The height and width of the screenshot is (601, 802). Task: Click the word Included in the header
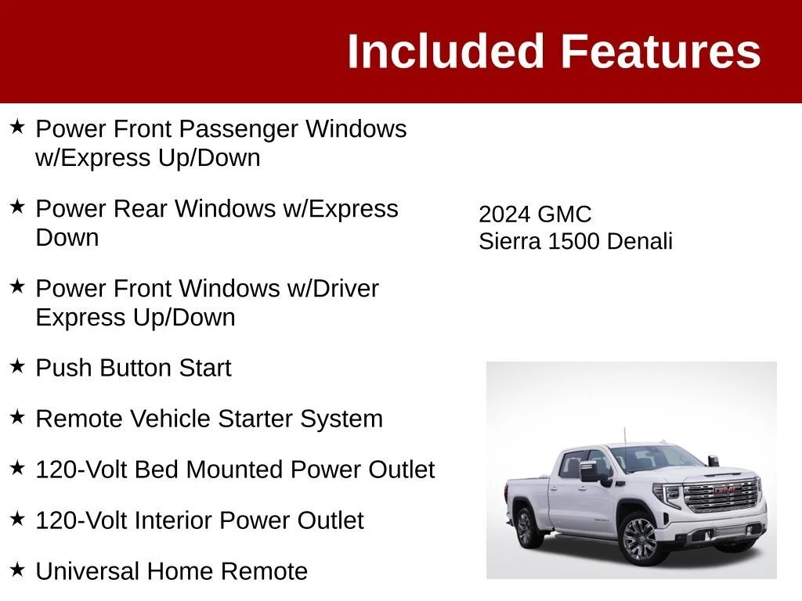(445, 51)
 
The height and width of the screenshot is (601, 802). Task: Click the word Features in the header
(661, 51)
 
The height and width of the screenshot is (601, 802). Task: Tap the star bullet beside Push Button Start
(17, 366)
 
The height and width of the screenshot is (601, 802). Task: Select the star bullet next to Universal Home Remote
(17, 570)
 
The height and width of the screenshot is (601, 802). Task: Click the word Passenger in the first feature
(238, 129)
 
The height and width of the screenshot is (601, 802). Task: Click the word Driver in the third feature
(345, 288)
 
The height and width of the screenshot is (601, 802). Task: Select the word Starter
(255, 419)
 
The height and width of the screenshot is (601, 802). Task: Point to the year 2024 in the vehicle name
(504, 214)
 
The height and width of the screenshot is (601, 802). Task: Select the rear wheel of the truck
(524, 527)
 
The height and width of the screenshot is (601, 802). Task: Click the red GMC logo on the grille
(726, 491)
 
